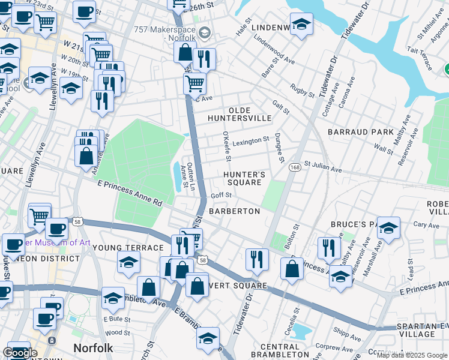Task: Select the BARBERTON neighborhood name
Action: (234, 211)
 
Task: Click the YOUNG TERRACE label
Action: (128, 248)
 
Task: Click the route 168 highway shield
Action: (295, 166)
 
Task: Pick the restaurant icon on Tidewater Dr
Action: (256, 259)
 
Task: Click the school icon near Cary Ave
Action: (388, 228)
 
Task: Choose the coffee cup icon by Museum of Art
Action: (57, 229)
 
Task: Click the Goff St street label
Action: (221, 195)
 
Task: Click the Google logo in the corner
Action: (20, 353)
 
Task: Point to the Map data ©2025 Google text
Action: (412, 355)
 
